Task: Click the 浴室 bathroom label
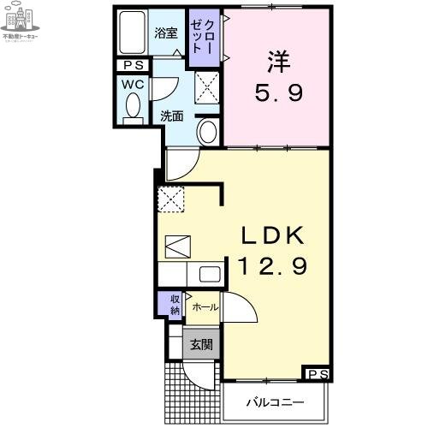click(x=165, y=33)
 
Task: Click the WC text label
click(x=132, y=85)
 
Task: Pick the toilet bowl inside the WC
click(x=133, y=107)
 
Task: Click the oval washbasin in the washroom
click(x=208, y=132)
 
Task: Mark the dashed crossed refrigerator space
click(x=170, y=198)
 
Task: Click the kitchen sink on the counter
click(x=210, y=274)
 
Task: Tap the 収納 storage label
click(x=174, y=304)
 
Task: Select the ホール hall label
click(x=204, y=306)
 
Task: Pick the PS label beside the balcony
click(x=318, y=373)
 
